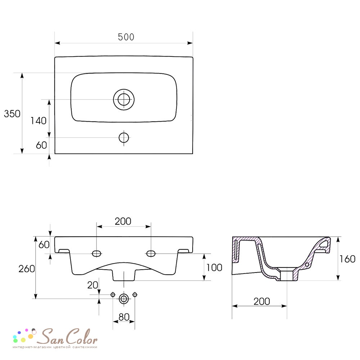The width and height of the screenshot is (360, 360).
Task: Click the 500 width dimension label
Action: tap(126, 37)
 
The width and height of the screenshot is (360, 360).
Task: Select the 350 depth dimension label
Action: tap(12, 114)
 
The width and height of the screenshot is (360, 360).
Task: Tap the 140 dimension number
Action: tap(39, 121)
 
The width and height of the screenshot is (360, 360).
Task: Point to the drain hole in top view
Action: tap(124, 99)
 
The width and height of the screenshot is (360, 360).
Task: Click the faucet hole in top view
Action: tap(124, 138)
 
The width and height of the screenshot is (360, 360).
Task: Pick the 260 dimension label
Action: tap(27, 269)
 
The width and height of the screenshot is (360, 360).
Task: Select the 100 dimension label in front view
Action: tap(214, 268)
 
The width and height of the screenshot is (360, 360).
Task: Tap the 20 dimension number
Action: tap(93, 285)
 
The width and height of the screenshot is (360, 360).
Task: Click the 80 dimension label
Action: tap(124, 317)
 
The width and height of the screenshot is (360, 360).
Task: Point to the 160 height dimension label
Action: tap(348, 259)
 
